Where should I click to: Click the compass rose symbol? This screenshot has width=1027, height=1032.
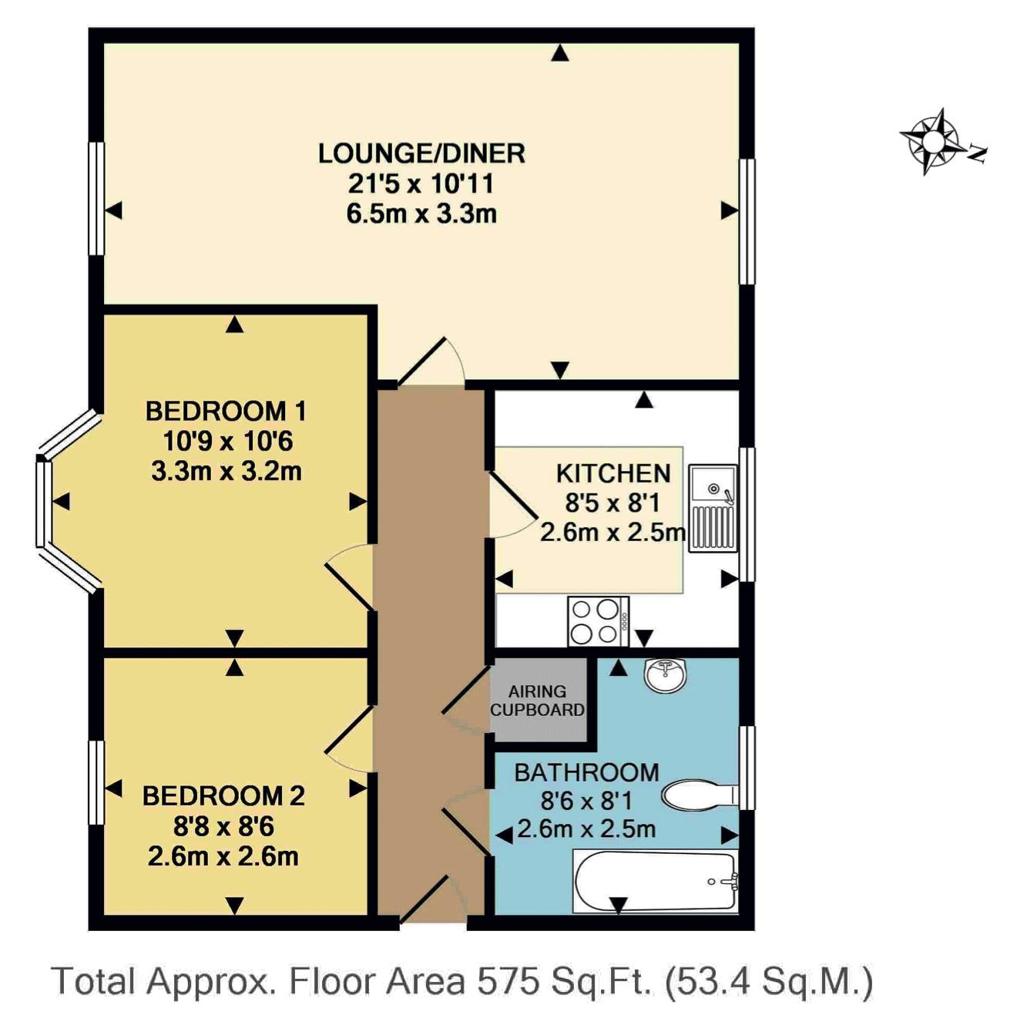click(928, 141)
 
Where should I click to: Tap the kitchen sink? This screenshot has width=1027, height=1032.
click(713, 508)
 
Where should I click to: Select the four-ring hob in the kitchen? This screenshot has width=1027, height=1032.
click(598, 620)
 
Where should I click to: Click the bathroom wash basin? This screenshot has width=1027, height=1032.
click(666, 676)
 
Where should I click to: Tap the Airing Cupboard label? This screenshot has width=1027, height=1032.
click(537, 701)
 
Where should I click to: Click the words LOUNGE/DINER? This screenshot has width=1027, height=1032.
click(422, 153)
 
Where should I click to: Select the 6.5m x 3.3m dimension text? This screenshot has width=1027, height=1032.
click(422, 214)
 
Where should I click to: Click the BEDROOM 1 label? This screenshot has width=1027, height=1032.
click(226, 412)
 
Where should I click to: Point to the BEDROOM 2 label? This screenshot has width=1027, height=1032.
click(223, 796)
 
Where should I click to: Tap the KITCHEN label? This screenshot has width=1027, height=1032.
click(613, 473)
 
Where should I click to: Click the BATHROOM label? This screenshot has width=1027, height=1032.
click(587, 772)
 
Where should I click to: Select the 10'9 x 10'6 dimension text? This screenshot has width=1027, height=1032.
click(227, 442)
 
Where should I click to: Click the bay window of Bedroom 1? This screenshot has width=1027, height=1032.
click(67, 502)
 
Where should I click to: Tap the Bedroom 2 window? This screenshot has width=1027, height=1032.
click(96, 782)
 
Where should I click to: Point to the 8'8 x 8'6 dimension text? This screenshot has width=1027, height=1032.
click(223, 826)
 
